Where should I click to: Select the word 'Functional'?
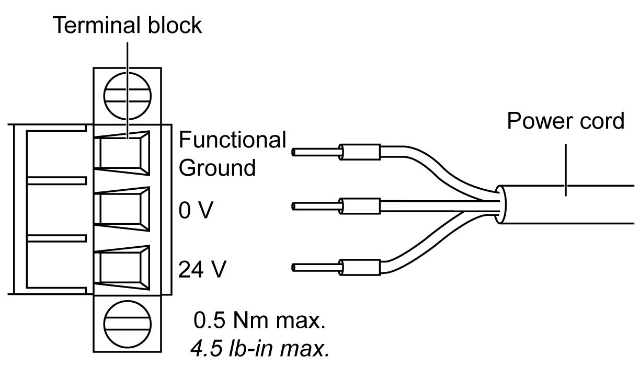(233, 141)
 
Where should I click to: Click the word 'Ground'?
(217, 168)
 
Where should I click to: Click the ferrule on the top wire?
(360, 153)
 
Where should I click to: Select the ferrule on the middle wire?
(360, 207)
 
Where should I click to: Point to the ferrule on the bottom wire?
(360, 268)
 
